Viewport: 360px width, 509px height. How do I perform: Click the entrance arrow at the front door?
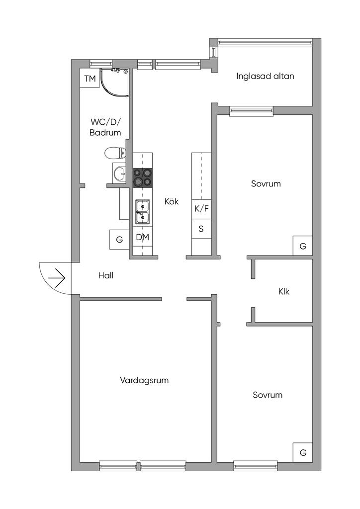[x=57, y=278]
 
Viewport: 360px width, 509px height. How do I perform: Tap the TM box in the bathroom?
[x=90, y=78]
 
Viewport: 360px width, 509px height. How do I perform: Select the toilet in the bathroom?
[x=115, y=153]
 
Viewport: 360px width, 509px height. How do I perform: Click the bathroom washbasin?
[x=119, y=173]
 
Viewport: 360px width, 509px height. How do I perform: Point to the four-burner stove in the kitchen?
[x=143, y=178]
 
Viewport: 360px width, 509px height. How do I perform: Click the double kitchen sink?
[x=143, y=212]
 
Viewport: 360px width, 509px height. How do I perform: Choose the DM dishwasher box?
[x=143, y=237]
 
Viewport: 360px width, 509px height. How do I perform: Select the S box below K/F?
[x=201, y=229]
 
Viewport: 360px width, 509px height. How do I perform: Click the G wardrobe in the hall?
[x=119, y=240]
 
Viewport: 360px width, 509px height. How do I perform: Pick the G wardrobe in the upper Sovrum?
[x=303, y=246]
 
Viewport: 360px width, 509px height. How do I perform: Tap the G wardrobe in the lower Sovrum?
[x=303, y=452]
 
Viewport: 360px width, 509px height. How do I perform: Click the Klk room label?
[x=284, y=291]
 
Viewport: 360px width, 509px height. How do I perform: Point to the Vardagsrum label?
[x=145, y=380]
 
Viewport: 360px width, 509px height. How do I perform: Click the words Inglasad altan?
[x=265, y=76]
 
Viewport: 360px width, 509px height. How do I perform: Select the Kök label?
[x=172, y=202]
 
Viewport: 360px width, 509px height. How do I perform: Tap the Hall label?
[x=106, y=275]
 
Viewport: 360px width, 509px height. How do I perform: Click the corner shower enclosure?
[x=114, y=83]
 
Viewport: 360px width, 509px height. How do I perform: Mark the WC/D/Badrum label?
[x=105, y=127]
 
